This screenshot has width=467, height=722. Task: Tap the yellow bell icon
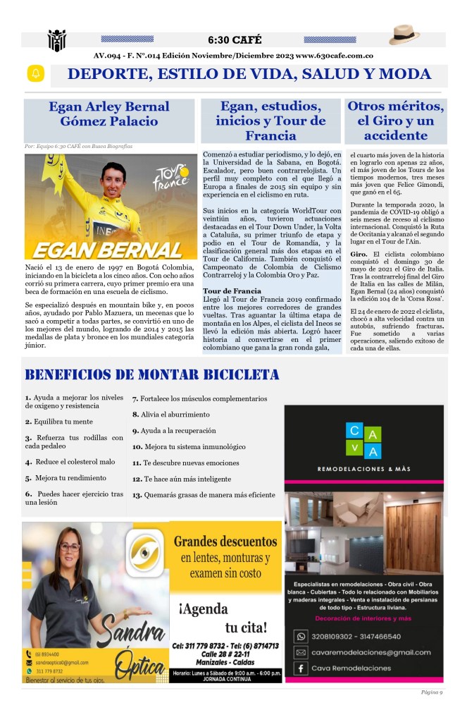point(35,74)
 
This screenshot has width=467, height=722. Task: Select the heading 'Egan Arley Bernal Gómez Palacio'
point(108,114)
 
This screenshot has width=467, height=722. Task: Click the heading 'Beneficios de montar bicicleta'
point(151,375)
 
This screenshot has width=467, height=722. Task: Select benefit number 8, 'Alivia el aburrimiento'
point(171,415)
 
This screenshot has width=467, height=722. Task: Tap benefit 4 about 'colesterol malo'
point(70,462)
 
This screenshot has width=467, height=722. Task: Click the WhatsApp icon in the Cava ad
point(300,637)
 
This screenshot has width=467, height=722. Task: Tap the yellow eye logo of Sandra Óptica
point(146,554)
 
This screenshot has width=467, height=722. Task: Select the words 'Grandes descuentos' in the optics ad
point(225,542)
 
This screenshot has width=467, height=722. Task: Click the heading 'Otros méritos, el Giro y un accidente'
point(396,120)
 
